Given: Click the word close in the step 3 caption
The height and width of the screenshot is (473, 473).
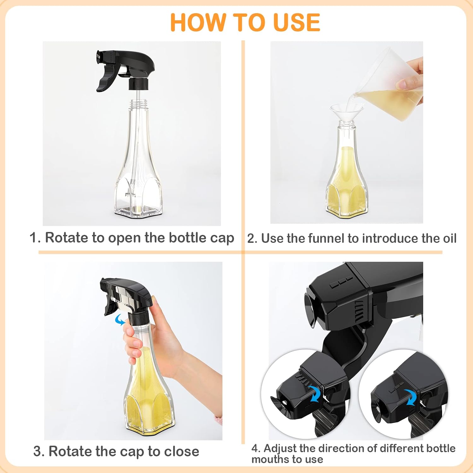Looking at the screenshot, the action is tap(181, 452).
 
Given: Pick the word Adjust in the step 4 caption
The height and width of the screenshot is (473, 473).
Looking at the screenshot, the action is tap(280, 448).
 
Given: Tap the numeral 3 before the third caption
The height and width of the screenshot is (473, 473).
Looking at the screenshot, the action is tap(37, 452).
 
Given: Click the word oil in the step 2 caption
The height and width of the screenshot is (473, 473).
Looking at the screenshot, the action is tap(449, 238).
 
